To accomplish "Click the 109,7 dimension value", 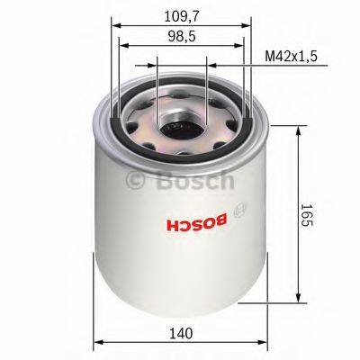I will pyautogui.click(x=182, y=15).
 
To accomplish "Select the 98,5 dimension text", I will pyautogui.click(x=182, y=37).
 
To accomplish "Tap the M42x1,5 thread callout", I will pyautogui.click(x=293, y=58).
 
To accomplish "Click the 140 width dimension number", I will pyautogui.click(x=183, y=334).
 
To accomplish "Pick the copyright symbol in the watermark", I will pyautogui.click(x=136, y=181).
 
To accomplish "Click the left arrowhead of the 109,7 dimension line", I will pyautogui.click(x=116, y=25).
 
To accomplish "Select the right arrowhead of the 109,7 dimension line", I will pyautogui.click(x=248, y=25).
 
